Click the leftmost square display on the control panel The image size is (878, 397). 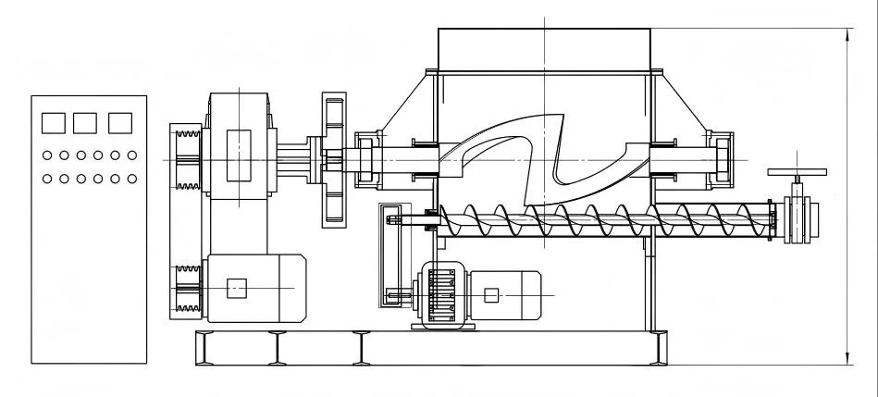(54, 122)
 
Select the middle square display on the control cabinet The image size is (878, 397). (85, 122)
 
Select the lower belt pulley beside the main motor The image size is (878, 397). (187, 288)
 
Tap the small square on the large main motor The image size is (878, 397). (238, 288)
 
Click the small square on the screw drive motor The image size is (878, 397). (491, 295)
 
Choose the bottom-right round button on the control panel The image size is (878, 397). (131, 177)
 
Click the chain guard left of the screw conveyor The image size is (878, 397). (390, 255)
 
